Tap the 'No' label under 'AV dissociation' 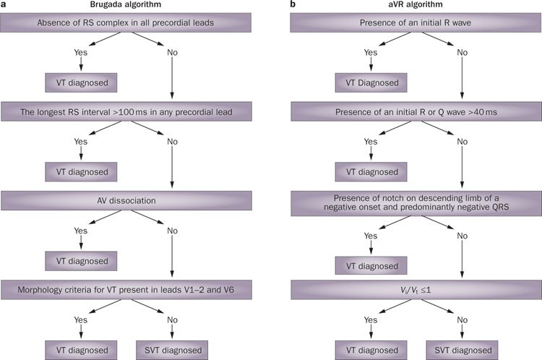pos(171,231)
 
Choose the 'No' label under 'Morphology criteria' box pos(171,319)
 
